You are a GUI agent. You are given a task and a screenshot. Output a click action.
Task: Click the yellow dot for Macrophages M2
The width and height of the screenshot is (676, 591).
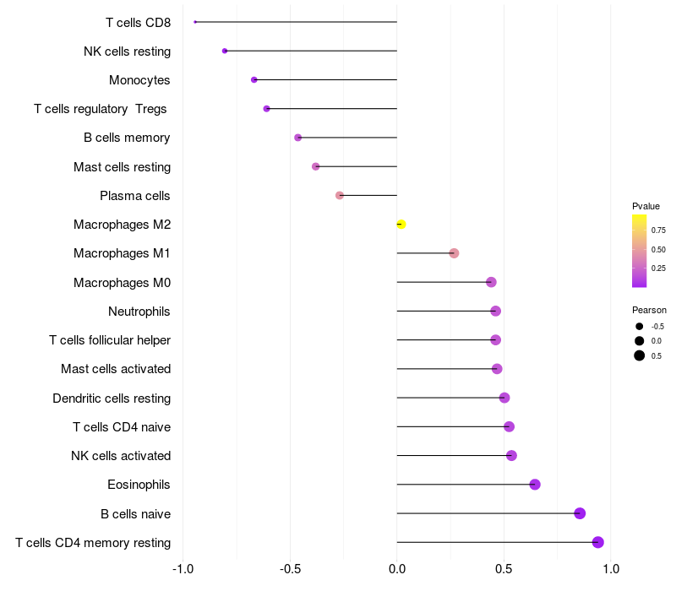click(x=401, y=224)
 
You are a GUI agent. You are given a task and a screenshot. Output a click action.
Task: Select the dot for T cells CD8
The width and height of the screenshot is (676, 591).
click(x=195, y=22)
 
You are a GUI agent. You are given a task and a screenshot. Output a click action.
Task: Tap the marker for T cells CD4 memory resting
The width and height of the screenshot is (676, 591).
click(x=597, y=542)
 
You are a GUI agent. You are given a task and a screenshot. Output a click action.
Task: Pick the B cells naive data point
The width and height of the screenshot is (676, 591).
click(x=580, y=513)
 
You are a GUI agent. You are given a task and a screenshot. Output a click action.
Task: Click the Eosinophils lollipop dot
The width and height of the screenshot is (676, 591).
click(x=535, y=485)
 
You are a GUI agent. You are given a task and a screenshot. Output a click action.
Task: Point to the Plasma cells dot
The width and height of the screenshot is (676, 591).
click(x=340, y=196)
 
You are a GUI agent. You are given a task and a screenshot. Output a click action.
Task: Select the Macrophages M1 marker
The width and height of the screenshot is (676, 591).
click(x=454, y=253)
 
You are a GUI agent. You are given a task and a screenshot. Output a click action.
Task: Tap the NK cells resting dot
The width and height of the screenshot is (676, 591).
click(x=225, y=51)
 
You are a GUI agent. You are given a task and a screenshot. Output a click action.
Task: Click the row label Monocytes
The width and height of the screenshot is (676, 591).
click(x=139, y=80)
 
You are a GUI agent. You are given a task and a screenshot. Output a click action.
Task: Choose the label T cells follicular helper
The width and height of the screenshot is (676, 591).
click(x=110, y=340)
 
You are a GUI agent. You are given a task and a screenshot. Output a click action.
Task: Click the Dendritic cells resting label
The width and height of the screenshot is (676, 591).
click(x=112, y=399)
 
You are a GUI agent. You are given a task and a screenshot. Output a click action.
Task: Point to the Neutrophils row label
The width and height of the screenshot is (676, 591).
click(x=139, y=312)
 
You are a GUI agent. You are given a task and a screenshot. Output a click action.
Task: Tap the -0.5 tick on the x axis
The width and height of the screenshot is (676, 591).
click(x=290, y=569)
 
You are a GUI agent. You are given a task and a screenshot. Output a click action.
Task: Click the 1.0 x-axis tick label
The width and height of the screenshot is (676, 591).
click(x=611, y=569)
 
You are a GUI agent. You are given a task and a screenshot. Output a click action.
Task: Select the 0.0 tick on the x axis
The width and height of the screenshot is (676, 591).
click(x=397, y=569)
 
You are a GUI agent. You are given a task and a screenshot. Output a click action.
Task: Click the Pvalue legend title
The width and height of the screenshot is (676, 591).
click(x=646, y=206)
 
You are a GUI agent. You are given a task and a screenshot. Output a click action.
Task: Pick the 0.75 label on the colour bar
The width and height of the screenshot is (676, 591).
click(x=658, y=230)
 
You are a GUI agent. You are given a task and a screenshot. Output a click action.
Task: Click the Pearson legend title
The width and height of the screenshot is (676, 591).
click(x=649, y=310)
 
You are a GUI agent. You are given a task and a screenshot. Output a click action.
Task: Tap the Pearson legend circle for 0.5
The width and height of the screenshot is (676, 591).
click(x=640, y=355)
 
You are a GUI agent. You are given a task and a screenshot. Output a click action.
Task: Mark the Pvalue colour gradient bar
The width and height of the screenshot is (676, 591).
click(x=640, y=251)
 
